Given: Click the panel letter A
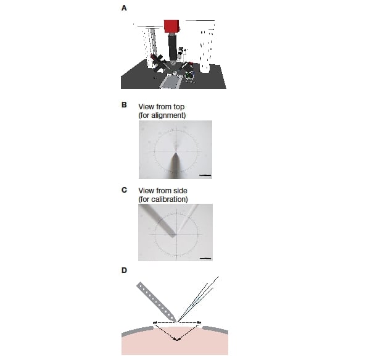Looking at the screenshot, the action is point(124,8).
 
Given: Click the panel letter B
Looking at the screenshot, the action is point(124,105).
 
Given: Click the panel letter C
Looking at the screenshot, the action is point(124,190).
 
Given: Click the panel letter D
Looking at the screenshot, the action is point(124,270).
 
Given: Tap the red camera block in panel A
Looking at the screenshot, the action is point(171,26).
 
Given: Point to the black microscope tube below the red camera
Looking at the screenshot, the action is point(172,47).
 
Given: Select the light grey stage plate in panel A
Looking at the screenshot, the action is point(170,82).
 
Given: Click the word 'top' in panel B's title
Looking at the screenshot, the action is point(179,107).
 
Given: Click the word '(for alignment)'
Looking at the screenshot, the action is point(162,115).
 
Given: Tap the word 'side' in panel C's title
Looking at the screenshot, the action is point(179,191).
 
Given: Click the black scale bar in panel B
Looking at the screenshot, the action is point(205,175).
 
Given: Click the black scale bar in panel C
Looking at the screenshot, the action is point(206,259).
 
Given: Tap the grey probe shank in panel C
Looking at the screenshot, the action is point(159,220).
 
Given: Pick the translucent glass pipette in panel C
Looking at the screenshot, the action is point(188,219).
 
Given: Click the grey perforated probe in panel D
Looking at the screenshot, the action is point(156,302).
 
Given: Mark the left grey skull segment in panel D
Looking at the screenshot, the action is point(138,331).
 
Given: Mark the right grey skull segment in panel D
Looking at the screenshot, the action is point(215,329).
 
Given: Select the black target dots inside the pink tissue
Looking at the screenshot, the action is point(177,339).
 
